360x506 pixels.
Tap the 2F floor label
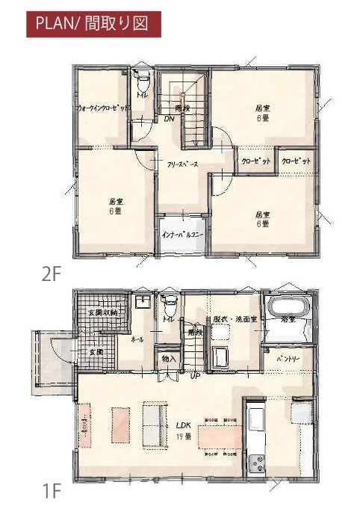tap(51, 274)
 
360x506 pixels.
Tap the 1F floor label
tap(51, 491)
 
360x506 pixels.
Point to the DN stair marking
tap(169, 118)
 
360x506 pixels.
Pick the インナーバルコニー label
tap(183, 235)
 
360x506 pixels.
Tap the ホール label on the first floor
tap(137, 339)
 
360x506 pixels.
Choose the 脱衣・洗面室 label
tap(234, 318)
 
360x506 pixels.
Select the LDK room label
tap(183, 424)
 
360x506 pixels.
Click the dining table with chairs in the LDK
tap(220, 436)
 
